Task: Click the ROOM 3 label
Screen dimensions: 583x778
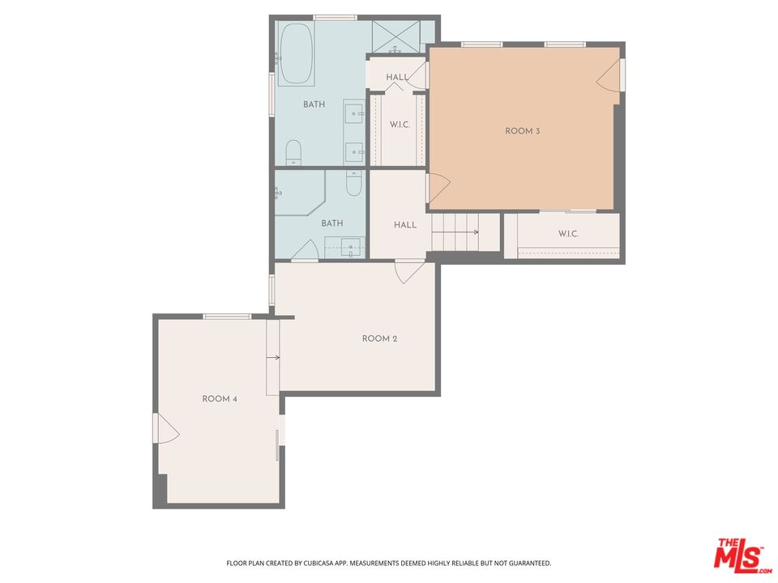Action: [522, 131]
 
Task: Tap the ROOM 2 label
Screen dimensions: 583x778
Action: [379, 338]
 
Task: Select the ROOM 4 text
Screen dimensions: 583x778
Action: [219, 398]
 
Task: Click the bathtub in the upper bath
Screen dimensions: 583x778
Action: [296, 54]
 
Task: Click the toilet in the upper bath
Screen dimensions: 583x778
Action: [293, 152]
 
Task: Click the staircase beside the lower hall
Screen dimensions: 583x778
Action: [455, 232]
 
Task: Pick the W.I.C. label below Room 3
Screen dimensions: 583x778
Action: [567, 234]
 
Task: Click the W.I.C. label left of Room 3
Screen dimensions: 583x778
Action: [398, 125]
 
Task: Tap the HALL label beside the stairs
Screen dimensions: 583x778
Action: [405, 225]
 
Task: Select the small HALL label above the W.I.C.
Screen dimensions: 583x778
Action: [397, 78]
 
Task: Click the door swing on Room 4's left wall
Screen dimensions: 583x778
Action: [167, 428]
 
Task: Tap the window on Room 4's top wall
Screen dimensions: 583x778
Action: [226, 316]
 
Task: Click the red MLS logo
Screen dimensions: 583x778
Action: [737, 555]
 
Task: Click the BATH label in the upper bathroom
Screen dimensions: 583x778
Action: [314, 104]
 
